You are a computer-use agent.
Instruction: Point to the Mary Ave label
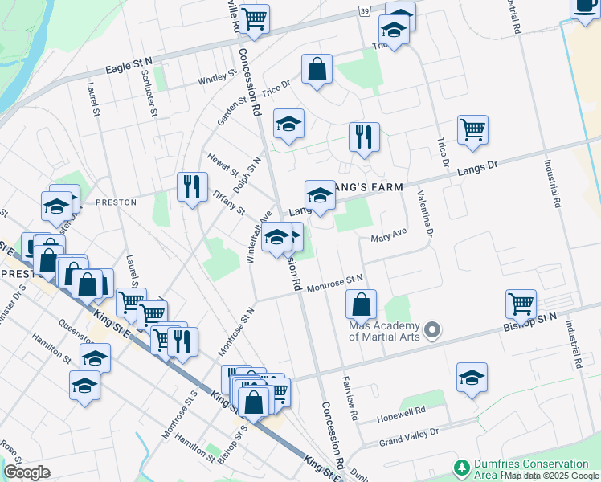(x=389, y=238)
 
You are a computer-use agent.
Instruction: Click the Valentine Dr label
(x=424, y=214)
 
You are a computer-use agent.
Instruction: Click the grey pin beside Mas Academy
(x=433, y=330)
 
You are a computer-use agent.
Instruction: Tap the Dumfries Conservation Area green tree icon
(x=461, y=468)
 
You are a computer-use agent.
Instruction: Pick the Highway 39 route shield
(x=365, y=10)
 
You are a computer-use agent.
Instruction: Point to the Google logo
(x=27, y=472)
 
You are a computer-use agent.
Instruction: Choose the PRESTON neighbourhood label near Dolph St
(x=116, y=202)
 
